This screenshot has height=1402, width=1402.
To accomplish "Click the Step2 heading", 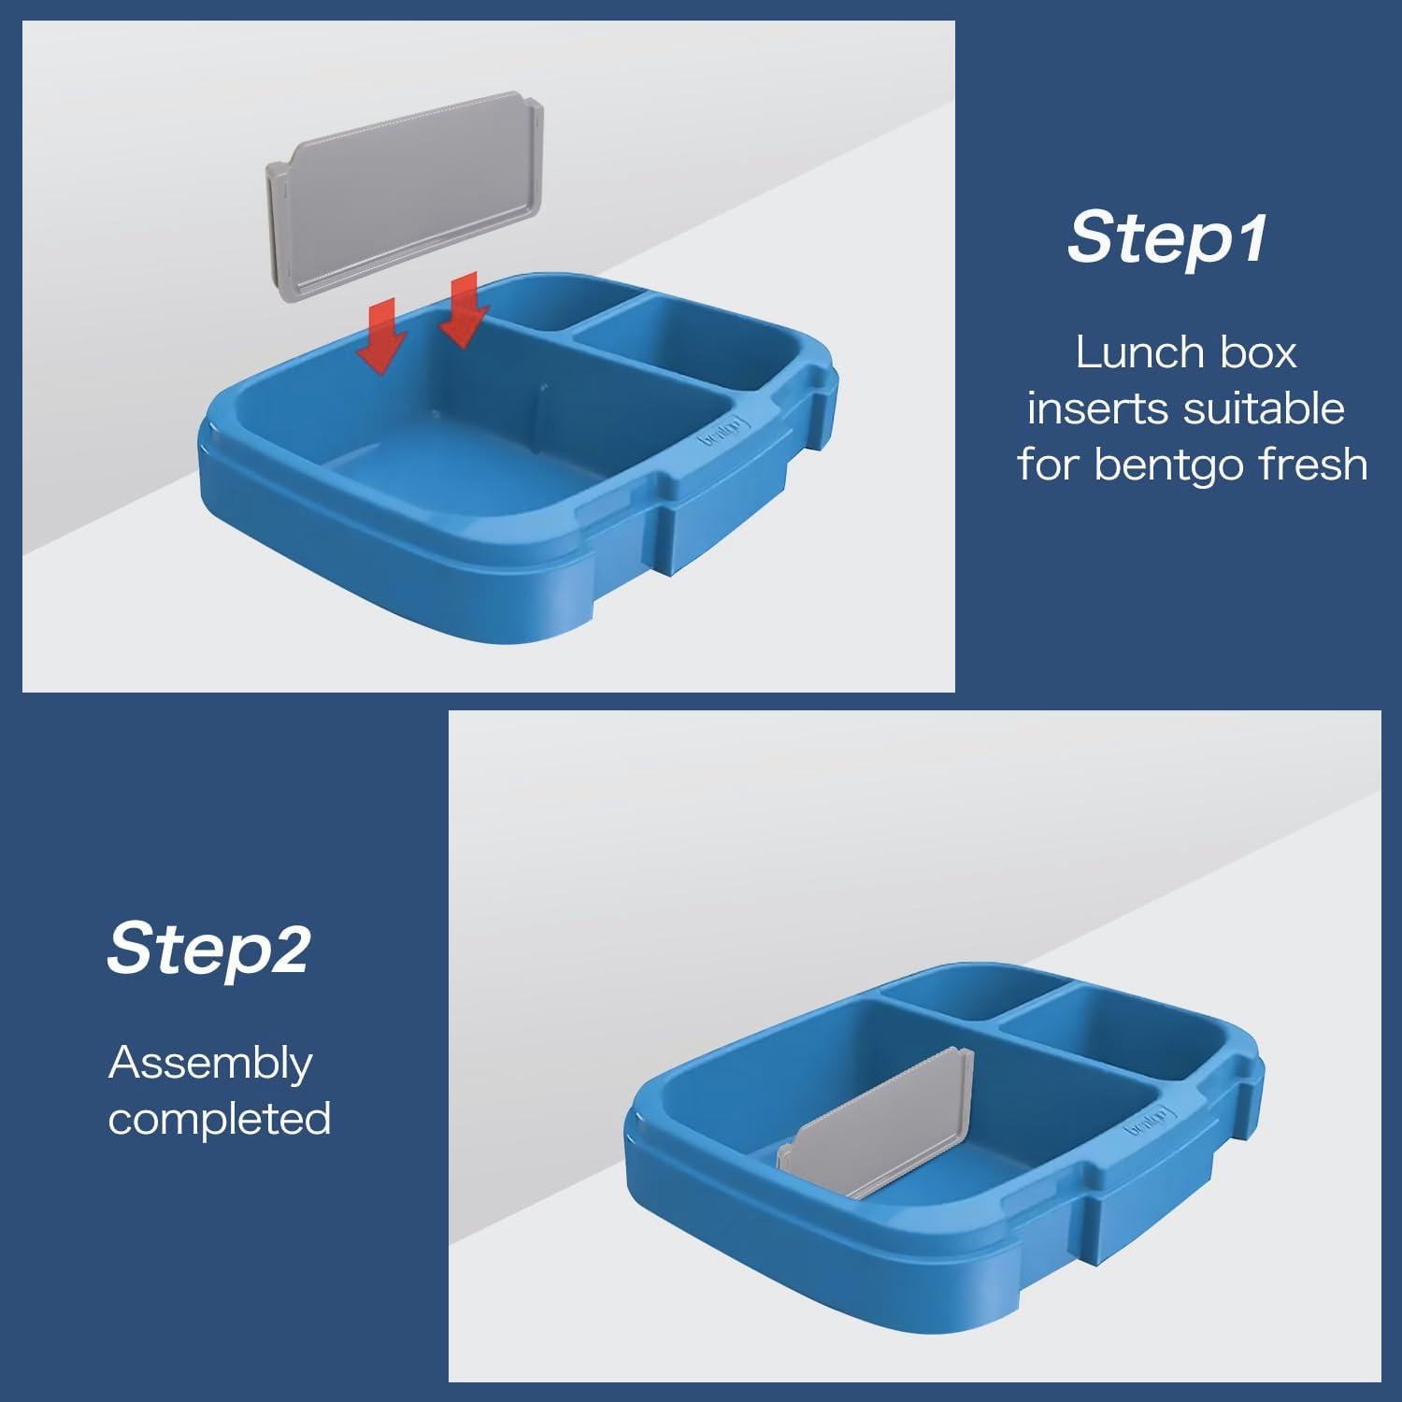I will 207,948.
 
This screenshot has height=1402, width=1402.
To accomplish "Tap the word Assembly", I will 210,1064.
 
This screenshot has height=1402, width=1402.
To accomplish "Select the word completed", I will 220,1119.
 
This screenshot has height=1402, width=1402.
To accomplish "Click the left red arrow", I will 380,336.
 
